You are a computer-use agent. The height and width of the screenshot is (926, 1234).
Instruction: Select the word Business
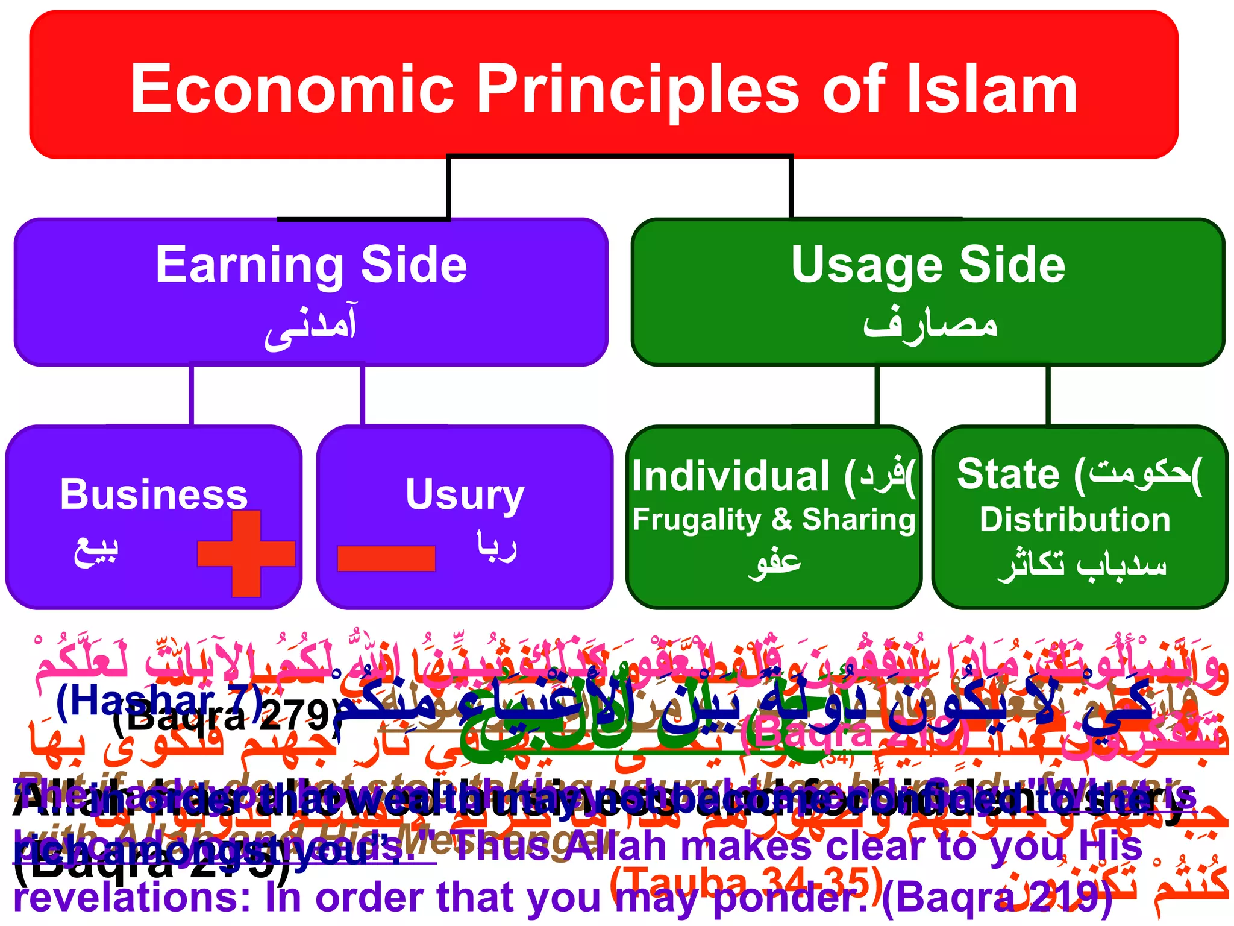(x=154, y=494)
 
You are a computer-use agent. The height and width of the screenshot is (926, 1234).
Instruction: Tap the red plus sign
(x=246, y=553)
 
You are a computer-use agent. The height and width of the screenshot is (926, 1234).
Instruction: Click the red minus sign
(x=386, y=558)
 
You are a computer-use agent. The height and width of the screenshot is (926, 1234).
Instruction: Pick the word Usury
(x=465, y=494)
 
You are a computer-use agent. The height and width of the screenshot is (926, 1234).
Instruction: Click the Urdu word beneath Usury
(x=496, y=546)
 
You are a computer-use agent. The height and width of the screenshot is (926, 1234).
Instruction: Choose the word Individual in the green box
(x=731, y=476)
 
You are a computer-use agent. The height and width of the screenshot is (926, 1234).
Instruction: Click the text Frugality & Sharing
(x=774, y=520)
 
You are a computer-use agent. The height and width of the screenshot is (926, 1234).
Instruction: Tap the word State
(x=1008, y=474)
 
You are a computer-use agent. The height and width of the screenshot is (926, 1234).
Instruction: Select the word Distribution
(x=1075, y=520)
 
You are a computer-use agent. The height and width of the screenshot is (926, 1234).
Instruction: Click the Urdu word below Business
(x=96, y=550)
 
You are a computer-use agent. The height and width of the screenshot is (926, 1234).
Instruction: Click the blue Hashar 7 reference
(x=158, y=701)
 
